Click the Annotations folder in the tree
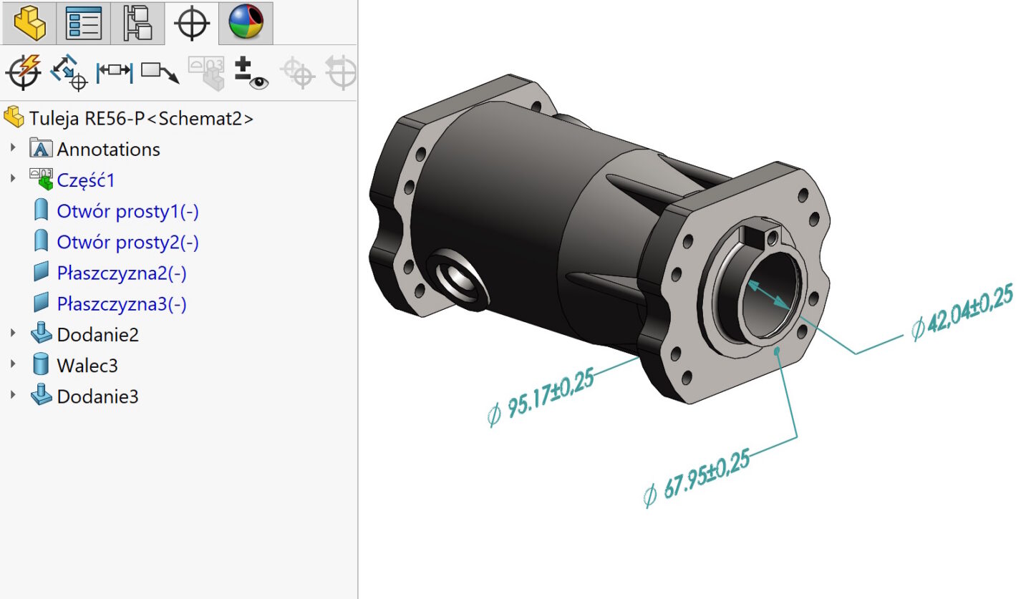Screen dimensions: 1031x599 (108, 150)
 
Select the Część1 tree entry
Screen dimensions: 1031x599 (86, 180)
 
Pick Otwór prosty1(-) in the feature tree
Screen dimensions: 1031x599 (127, 211)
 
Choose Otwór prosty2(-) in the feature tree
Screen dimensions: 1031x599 (127, 242)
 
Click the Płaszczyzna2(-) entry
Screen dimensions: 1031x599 (122, 273)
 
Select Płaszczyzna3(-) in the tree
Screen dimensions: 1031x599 (122, 304)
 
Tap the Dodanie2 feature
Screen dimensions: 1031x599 (97, 335)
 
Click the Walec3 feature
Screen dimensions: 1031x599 (87, 366)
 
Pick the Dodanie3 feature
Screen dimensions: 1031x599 (97, 396)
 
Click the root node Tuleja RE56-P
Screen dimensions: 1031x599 (141, 119)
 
